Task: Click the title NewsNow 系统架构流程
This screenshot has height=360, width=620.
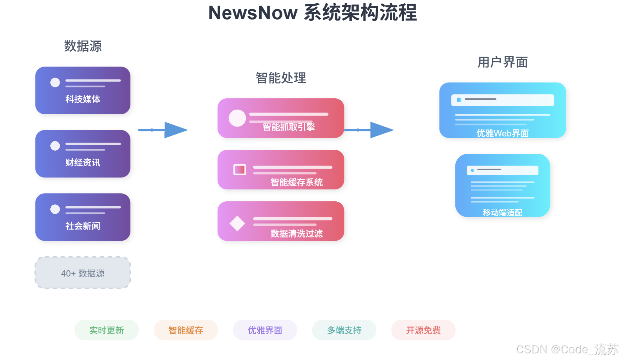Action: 312,13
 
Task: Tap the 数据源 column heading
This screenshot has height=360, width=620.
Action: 83,46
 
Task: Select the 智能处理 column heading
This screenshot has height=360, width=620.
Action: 281,78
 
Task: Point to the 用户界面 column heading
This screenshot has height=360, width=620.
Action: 502,62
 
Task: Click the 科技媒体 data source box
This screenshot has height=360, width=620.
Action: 83,90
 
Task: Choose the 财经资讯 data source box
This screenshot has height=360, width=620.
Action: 83,154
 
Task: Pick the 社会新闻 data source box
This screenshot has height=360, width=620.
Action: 83,217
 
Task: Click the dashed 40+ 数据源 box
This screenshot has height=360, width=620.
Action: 83,273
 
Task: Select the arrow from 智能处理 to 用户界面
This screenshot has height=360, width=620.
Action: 369,130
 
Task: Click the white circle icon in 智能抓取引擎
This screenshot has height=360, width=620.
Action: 237,118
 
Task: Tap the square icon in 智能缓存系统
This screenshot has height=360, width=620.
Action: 239,170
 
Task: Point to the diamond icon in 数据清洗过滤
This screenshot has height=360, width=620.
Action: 237,224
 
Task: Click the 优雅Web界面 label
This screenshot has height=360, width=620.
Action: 502,133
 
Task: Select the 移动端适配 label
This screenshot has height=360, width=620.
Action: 502,213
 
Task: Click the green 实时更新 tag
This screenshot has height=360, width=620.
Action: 106,330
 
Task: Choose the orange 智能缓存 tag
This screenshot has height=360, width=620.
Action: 185,330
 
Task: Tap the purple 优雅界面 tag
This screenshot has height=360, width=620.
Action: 265,330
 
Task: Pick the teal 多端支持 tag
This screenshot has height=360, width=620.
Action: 344,330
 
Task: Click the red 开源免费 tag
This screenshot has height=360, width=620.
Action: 423,330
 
